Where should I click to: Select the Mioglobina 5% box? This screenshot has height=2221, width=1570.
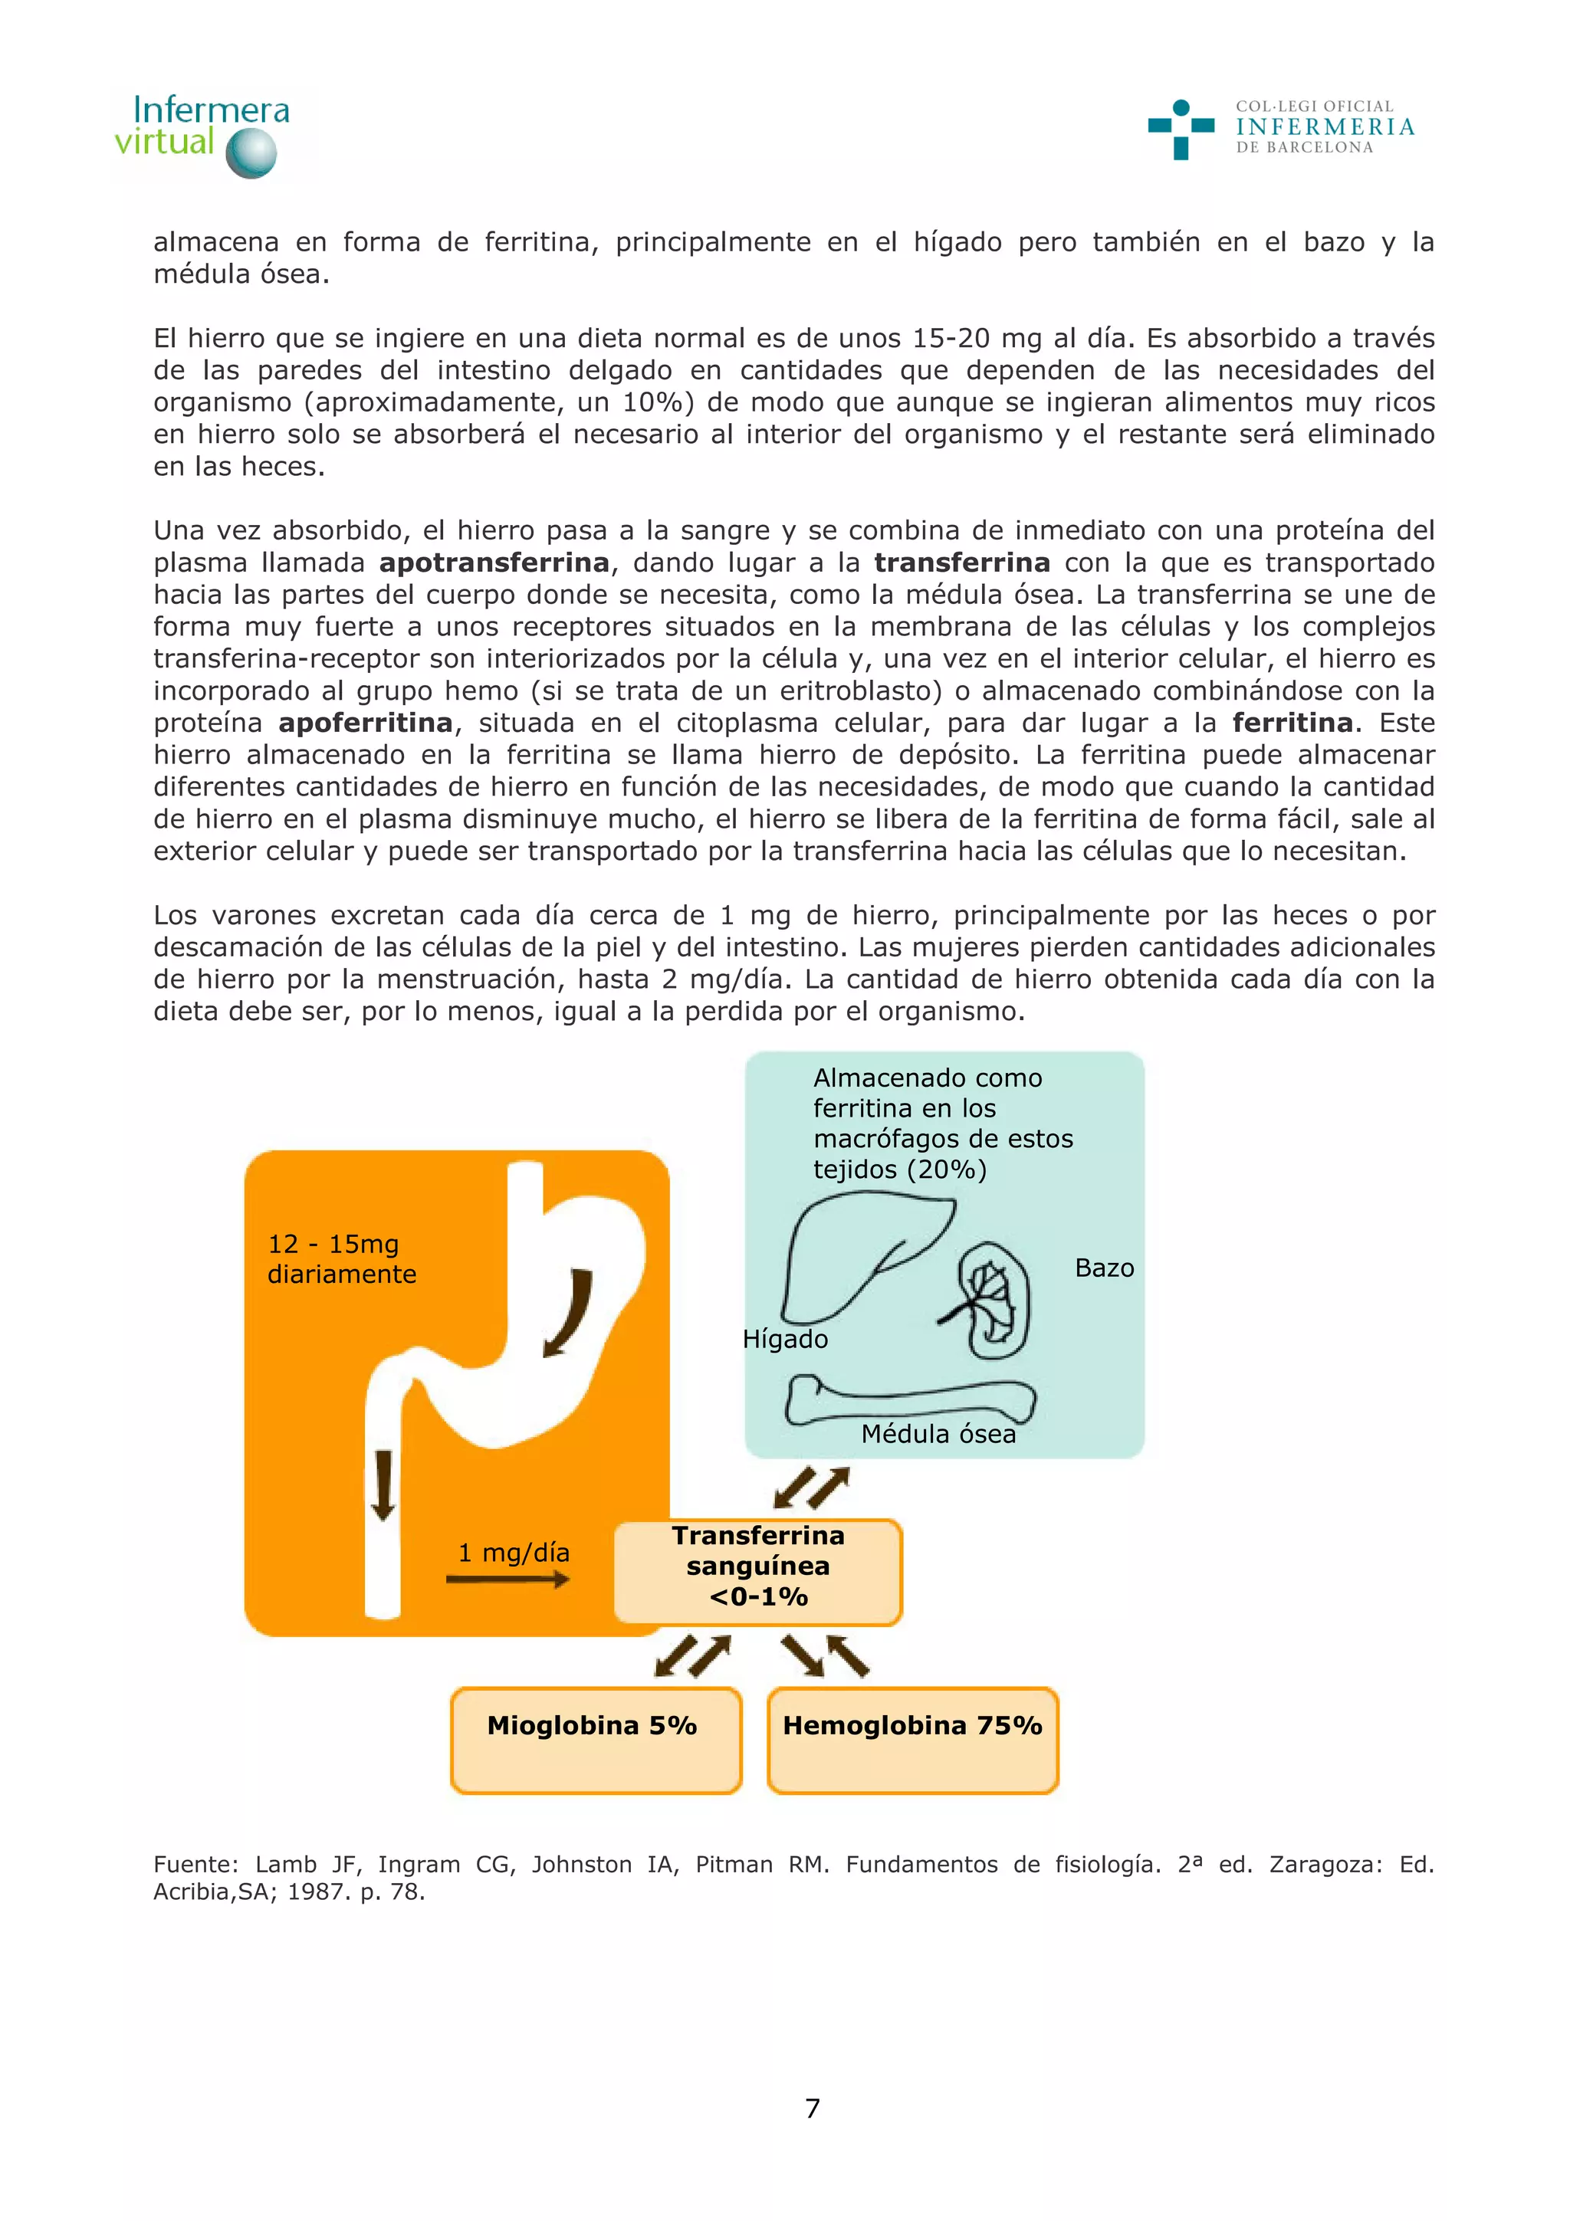pyautogui.click(x=595, y=1740)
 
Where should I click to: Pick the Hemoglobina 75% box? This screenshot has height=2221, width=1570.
pyautogui.click(x=912, y=1740)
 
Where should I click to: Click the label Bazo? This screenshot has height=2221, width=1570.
pyautogui.click(x=1104, y=1268)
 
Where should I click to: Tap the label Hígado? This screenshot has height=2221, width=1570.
pyautogui.click(x=784, y=1339)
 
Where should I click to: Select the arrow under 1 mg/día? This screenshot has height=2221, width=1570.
pyautogui.click(x=507, y=1580)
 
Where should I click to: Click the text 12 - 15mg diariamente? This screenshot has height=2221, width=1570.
pyautogui.click(x=341, y=1258)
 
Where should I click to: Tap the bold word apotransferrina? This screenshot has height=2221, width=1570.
pyautogui.click(x=494, y=563)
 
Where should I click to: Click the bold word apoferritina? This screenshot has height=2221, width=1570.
pyautogui.click(x=365, y=723)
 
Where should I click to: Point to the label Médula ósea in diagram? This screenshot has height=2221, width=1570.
pyautogui.click(x=938, y=1434)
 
